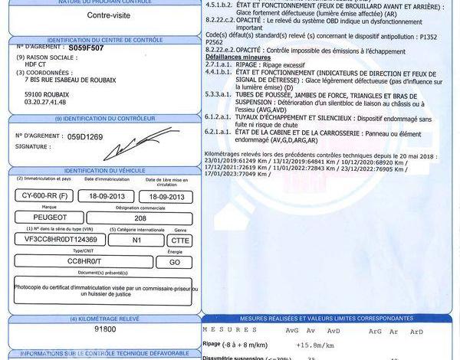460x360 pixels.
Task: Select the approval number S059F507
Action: point(86,47)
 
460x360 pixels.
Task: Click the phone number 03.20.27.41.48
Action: point(45,100)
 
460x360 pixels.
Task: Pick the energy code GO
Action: point(176,261)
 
